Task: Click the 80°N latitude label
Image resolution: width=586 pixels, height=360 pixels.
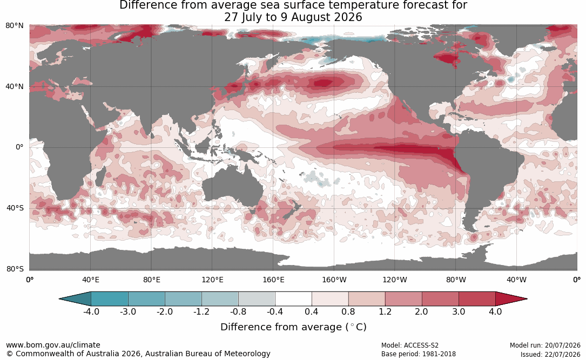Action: pyautogui.click(x=14, y=26)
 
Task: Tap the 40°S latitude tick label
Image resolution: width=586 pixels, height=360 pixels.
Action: pyautogui.click(x=15, y=208)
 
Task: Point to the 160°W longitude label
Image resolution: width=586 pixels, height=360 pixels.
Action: pyautogui.click(x=334, y=280)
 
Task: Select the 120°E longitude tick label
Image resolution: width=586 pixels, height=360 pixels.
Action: pyautogui.click(x=212, y=280)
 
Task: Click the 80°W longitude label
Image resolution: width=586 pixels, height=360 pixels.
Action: pyautogui.click(x=456, y=280)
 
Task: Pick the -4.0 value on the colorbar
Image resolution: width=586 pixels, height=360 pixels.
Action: pyautogui.click(x=91, y=311)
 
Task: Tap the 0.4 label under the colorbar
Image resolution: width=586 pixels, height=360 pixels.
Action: pyautogui.click(x=311, y=311)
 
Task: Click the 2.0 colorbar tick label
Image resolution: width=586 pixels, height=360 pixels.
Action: pyautogui.click(x=421, y=311)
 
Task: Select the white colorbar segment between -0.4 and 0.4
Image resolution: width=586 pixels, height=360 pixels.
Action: pyautogui.click(x=293, y=299)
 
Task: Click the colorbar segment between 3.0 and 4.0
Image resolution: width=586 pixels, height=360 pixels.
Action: pyautogui.click(x=477, y=299)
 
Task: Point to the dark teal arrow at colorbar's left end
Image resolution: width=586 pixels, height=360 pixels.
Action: pyautogui.click(x=75, y=299)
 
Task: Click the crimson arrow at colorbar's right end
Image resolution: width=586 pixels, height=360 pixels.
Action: pyautogui.click(x=511, y=299)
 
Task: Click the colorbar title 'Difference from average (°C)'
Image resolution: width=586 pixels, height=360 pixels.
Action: pyautogui.click(x=293, y=327)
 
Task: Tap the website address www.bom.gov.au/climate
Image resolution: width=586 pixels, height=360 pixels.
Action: pyautogui.click(x=53, y=345)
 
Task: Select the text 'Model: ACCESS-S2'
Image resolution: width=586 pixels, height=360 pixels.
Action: pyautogui.click(x=409, y=345)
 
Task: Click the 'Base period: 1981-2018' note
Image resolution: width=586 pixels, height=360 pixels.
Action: pyautogui.click(x=418, y=354)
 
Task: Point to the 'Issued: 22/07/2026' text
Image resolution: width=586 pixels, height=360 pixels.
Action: pyautogui.click(x=550, y=354)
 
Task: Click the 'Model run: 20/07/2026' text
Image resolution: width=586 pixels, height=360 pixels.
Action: pyautogui.click(x=545, y=345)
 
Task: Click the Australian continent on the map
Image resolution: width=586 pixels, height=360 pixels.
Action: pyautogui.click(x=233, y=187)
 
